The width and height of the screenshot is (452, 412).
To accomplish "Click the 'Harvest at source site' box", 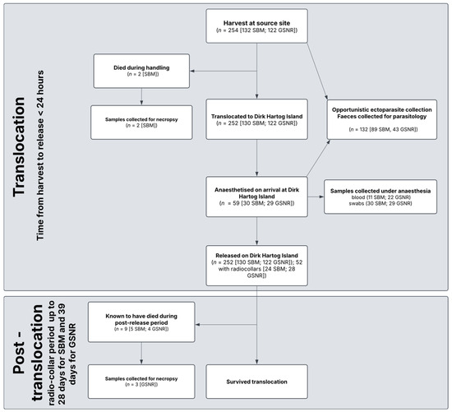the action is tap(256, 26).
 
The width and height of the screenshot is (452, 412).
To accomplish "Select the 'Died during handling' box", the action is tap(141, 71).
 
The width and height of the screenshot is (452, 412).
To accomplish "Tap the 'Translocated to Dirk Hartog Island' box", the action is tap(256, 119).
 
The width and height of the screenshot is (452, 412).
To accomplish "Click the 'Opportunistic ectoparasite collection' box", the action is tap(381, 119).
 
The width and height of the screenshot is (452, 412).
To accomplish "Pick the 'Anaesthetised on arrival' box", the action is tap(256, 197).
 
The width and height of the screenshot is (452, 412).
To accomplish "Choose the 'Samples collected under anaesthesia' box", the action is tap(381, 197).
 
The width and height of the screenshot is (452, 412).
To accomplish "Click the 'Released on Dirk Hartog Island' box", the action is tap(256, 266).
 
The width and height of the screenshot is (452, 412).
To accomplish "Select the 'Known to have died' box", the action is tap(141, 322).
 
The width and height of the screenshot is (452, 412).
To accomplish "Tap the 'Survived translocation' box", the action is tap(256, 382).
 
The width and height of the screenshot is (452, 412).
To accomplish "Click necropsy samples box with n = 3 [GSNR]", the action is tap(141, 382).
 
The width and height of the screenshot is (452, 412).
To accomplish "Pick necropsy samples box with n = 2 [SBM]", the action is tap(141, 123).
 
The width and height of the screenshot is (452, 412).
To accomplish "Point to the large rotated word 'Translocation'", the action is tap(19, 147).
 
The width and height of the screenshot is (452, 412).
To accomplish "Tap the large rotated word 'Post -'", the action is tap(19, 358).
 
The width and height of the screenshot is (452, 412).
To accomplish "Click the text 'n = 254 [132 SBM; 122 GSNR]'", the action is tap(257, 30).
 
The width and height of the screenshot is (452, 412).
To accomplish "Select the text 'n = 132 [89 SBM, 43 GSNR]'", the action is tap(383, 129).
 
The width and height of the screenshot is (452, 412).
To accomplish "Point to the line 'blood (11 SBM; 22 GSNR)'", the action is tap(381, 197).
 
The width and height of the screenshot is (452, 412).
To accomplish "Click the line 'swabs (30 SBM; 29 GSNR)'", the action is tap(381, 203).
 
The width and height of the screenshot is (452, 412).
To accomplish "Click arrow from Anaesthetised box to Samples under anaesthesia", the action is tap(316, 197).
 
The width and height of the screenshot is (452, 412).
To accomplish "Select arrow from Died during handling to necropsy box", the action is tap(141, 97).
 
